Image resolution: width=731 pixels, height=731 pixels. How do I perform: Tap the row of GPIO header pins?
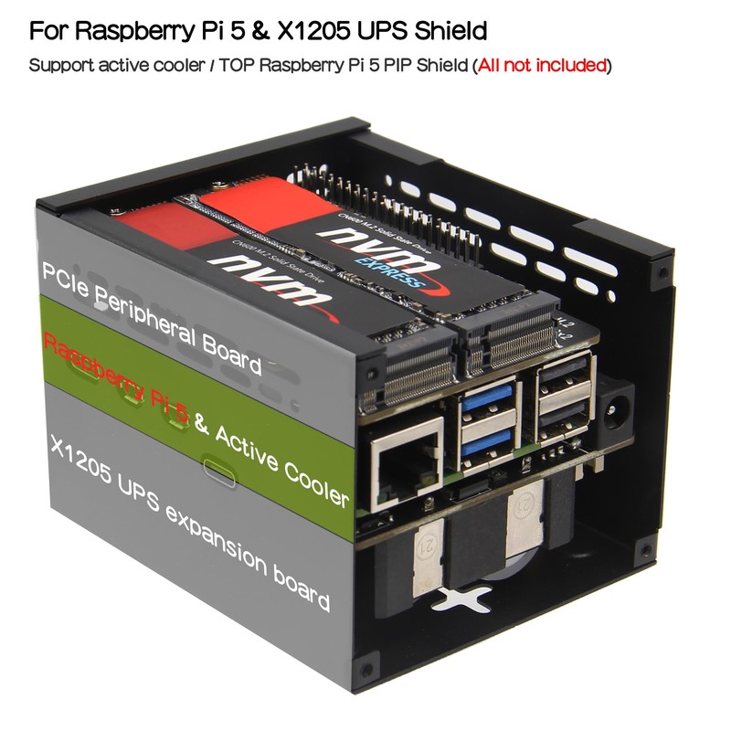pos(384,192)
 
